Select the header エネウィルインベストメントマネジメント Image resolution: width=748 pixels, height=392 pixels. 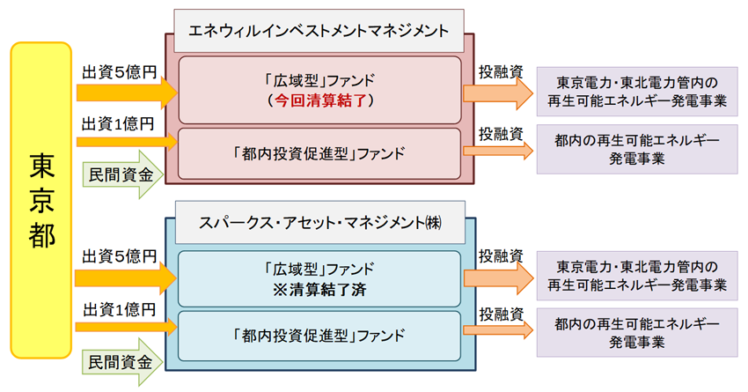(319, 28)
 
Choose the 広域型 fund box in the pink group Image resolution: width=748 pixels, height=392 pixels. (319, 90)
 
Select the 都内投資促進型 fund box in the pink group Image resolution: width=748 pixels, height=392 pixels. (319, 152)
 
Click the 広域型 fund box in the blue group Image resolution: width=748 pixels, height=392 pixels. (319, 277)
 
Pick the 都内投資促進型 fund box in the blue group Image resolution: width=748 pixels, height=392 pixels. (319, 336)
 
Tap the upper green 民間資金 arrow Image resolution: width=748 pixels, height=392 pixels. (123, 174)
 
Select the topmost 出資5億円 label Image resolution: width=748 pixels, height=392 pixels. (119, 70)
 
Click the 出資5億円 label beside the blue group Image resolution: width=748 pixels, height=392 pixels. (119, 256)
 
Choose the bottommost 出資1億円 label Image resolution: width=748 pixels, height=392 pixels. (119, 309)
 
